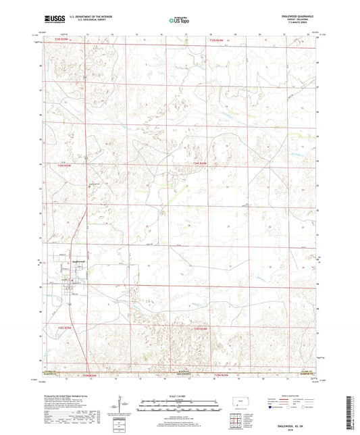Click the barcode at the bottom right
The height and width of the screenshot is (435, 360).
click(351, 412)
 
